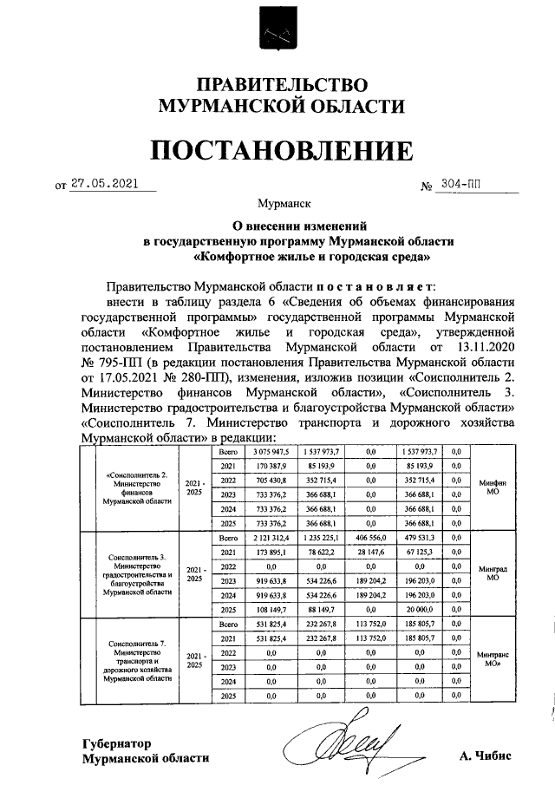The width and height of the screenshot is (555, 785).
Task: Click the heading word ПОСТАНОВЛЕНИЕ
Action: (278, 153)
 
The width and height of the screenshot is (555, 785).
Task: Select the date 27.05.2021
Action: (105, 184)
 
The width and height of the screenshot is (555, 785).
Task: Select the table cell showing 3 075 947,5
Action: (271, 452)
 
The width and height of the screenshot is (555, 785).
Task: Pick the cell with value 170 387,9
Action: (271, 466)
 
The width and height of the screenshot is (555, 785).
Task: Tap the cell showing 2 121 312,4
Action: (271, 538)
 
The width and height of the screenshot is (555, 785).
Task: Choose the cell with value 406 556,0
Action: (370, 538)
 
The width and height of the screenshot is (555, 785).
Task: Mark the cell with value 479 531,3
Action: (421, 538)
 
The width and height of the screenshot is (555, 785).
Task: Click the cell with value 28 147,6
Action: (370, 552)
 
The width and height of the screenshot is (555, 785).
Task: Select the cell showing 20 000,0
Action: (421, 610)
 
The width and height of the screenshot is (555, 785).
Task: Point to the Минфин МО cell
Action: (492, 487)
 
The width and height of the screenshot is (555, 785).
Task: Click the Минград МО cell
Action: (492, 573)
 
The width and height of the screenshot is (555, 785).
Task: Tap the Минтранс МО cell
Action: (492, 660)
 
